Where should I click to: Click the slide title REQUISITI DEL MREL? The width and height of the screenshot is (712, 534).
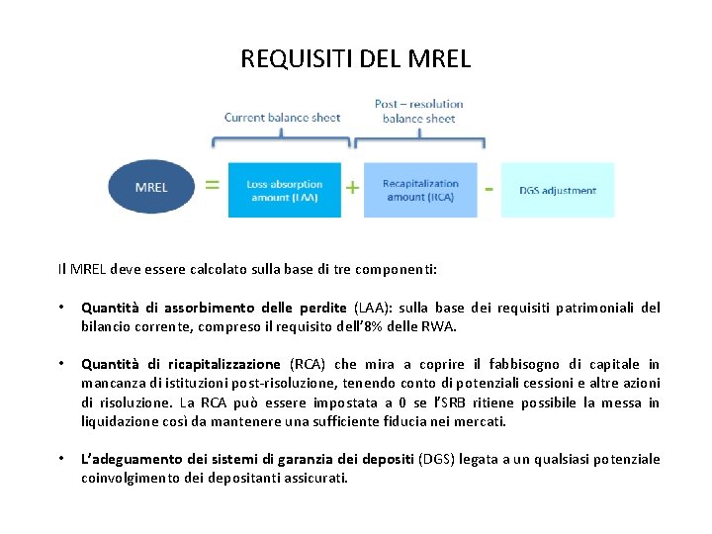click(x=356, y=58)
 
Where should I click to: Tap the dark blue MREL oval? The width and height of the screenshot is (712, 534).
click(x=151, y=187)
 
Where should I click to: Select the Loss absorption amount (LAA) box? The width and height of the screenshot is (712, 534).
click(x=285, y=190)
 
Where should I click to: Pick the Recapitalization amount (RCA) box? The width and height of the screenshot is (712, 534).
click(x=420, y=190)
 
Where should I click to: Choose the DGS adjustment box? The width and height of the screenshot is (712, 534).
click(x=558, y=190)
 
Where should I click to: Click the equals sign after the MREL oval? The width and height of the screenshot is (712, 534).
click(x=212, y=184)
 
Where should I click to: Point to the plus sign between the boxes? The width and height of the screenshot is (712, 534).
click(x=352, y=186)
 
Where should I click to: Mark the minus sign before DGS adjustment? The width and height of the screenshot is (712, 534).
click(x=489, y=184)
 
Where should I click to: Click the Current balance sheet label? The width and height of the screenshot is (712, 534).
click(x=282, y=118)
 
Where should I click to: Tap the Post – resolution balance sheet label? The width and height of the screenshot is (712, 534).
click(x=418, y=111)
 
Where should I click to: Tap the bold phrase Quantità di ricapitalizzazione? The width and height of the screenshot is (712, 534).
click(x=186, y=365)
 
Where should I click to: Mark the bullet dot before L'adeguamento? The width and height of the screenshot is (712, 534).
click(x=62, y=460)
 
